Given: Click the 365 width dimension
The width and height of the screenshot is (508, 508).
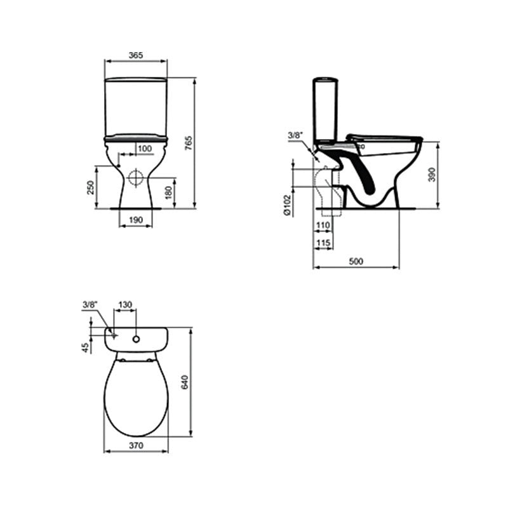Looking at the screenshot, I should tap(135, 55).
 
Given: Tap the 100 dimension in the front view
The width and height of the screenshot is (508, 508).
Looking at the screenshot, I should tap(145, 148).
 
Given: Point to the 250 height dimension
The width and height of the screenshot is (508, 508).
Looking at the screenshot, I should tap(91, 187).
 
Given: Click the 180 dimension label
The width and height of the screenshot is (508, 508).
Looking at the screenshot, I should tap(168, 193).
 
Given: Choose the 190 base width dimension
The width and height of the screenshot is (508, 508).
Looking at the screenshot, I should tap(136, 220).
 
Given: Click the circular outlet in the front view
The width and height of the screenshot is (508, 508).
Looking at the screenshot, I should tap(135, 177).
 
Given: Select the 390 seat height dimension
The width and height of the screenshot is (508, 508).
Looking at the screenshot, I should tap(431, 175).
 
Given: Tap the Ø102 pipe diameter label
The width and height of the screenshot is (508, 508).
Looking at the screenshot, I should tap(287, 205).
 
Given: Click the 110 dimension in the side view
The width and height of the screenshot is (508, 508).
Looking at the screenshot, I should tap(323, 226).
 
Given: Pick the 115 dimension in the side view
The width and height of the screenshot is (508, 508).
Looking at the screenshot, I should tap(323, 243).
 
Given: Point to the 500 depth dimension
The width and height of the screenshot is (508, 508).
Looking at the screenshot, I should tap(356, 262).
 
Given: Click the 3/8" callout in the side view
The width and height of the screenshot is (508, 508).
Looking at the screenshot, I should tap(295, 135).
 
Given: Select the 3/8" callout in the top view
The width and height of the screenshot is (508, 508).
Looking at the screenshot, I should tap(89, 305).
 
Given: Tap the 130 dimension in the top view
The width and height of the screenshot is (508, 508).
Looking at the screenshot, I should tap(125, 305).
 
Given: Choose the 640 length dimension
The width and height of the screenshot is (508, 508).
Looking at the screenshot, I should tap(185, 382).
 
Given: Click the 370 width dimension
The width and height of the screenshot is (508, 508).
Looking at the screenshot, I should tap(136, 446).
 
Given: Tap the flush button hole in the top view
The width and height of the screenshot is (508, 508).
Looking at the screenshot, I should tap(136, 338).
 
